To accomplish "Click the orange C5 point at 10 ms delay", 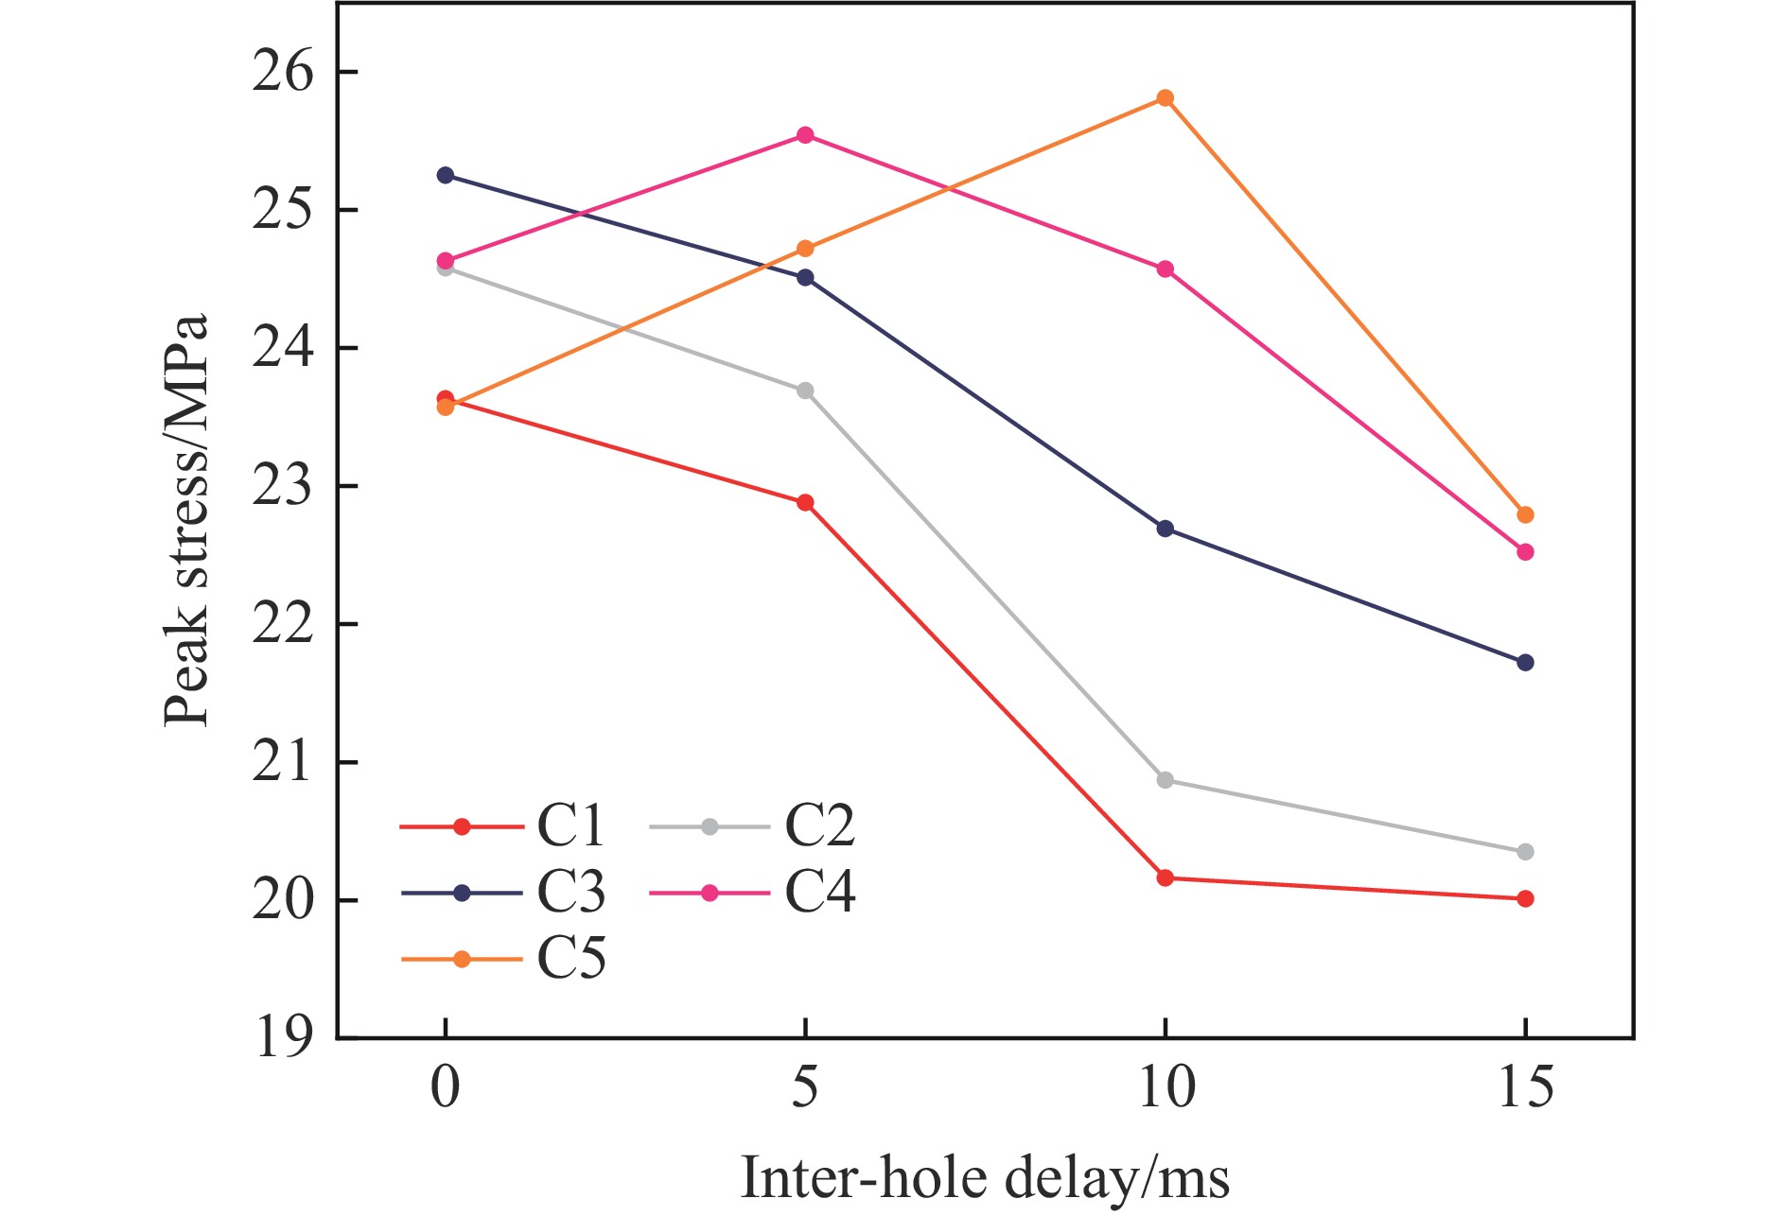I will click(1165, 98).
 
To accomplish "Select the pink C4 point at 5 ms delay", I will click(805, 135).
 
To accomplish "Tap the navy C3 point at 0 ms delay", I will click(445, 176).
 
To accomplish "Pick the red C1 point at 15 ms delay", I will click(1525, 898).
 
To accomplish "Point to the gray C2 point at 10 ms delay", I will click(1165, 780).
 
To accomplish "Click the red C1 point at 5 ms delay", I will click(805, 502).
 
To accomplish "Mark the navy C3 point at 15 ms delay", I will click(1525, 663).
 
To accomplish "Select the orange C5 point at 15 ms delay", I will click(1525, 515).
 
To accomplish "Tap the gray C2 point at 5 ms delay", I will click(805, 391).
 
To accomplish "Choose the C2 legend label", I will click(820, 826).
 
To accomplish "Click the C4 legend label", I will click(820, 893).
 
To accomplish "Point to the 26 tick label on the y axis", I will click(282, 73).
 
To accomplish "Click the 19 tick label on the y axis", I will click(282, 1038).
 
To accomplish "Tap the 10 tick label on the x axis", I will click(1165, 1089).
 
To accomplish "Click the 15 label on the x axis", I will click(1525, 1089).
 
